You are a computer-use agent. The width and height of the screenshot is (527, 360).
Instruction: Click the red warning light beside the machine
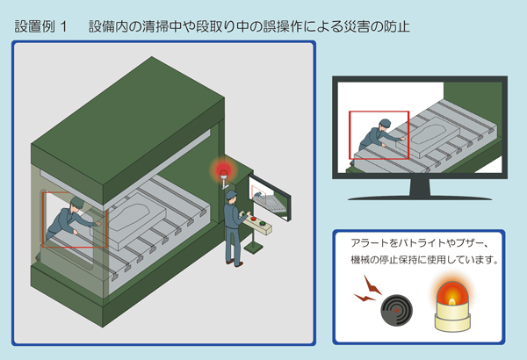[x=223, y=167]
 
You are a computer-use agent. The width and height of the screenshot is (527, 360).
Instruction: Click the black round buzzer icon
[x=393, y=310]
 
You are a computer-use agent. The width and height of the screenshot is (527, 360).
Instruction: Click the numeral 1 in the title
[x=65, y=27]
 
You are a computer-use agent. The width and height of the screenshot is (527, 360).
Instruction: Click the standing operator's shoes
[x=232, y=263]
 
